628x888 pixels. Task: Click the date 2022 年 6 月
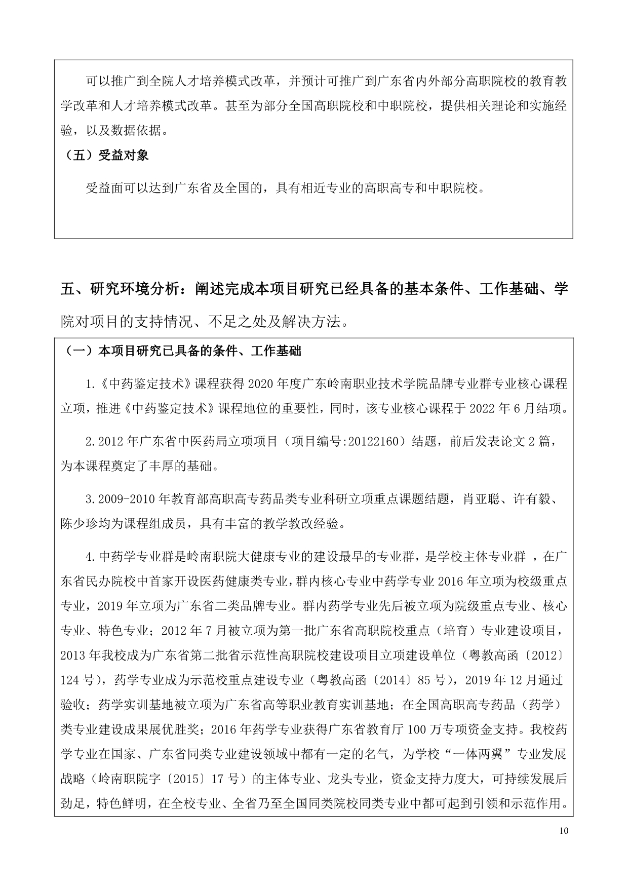coord(494,408)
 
